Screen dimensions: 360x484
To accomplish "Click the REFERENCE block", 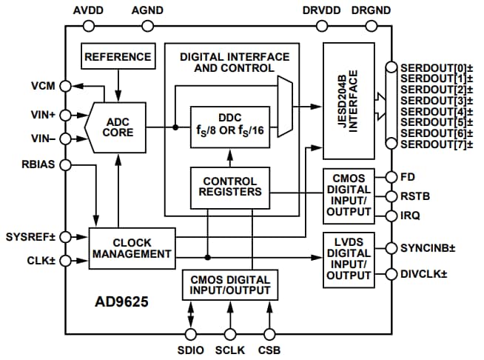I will (118, 57).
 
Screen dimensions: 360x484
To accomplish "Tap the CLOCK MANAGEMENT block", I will (132, 247).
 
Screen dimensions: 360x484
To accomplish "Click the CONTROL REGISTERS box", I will (229, 186).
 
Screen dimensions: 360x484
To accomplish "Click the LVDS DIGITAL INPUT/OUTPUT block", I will (348, 259).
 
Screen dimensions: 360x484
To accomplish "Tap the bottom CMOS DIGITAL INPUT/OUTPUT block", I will (229, 285).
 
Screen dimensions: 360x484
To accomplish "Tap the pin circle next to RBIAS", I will (66, 165).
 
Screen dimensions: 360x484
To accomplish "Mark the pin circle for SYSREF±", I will (66, 236).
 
